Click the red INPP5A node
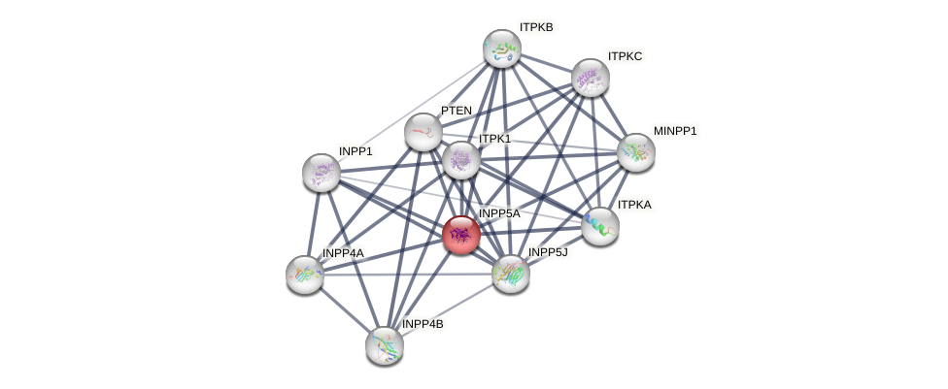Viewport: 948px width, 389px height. point(460,234)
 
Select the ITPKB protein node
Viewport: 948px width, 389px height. point(502,49)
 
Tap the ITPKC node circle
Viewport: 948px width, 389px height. point(590,78)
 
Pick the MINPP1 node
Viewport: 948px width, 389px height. point(635,151)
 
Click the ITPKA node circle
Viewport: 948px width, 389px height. point(599,225)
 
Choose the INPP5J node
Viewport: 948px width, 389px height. point(510,274)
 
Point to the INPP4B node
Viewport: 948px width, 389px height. point(385,344)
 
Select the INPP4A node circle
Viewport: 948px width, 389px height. point(305,274)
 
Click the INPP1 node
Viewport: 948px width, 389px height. point(322,172)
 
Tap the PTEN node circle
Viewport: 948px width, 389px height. point(423,131)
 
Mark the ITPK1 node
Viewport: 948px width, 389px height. point(460,160)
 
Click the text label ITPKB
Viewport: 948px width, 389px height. point(536,27)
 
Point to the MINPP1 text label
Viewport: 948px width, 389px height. point(675,131)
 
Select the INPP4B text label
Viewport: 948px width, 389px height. point(423,324)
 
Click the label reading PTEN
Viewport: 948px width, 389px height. point(457,111)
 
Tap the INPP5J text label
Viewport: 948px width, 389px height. point(547,252)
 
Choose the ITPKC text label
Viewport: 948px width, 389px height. point(625,56)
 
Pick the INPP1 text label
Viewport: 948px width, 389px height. point(355,151)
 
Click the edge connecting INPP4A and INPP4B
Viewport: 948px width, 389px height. point(345,309)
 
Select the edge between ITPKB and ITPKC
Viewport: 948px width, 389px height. point(546,63)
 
